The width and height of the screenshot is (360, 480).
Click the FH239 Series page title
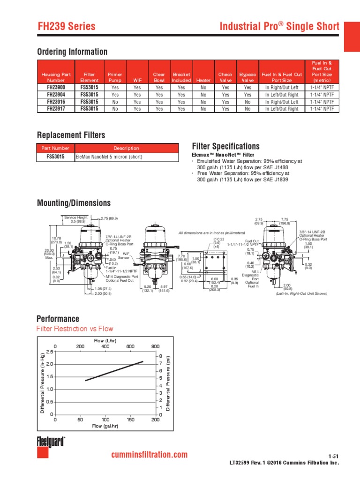[67, 27]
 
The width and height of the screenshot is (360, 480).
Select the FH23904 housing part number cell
[56, 95]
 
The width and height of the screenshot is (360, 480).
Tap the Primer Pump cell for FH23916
[115, 102]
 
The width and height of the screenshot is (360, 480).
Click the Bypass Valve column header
[247, 77]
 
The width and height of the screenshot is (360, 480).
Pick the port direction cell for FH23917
[282, 109]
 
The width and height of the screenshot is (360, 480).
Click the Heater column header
[203, 80]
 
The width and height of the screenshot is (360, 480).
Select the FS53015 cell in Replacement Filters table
[56, 157]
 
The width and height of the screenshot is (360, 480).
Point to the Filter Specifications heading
[226, 146]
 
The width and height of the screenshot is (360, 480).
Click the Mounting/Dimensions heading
[74, 203]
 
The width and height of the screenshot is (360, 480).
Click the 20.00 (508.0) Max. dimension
[50, 253]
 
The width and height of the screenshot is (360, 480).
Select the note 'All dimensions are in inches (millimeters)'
[212, 233]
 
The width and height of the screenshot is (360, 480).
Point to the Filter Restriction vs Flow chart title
[75, 329]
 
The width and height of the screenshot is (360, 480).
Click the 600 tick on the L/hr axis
[130, 346]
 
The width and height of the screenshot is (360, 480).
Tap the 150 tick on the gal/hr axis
[130, 420]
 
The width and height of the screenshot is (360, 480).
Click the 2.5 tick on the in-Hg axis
[49, 352]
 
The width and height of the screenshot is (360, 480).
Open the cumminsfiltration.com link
[149, 455]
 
